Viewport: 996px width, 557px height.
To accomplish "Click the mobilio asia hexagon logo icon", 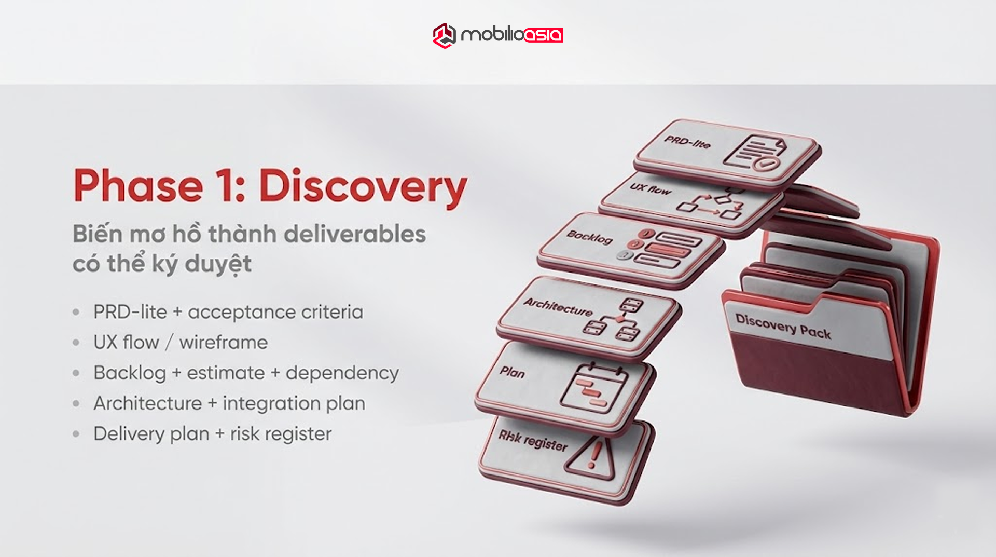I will tap(444, 35).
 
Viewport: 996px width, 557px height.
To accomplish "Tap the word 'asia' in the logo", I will tap(543, 35).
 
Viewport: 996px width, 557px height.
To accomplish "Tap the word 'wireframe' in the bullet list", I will tap(224, 343).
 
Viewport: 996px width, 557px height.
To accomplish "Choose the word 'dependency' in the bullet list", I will tap(342, 373).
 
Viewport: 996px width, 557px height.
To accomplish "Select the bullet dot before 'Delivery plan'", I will tap(76, 434).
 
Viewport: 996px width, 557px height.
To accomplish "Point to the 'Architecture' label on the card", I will tap(558, 307).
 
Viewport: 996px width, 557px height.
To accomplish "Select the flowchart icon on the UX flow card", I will tap(710, 205).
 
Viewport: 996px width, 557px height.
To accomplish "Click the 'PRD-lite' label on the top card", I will tap(687, 141).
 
